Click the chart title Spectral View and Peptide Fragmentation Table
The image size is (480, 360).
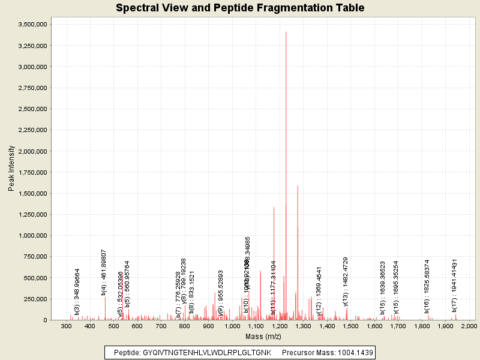240,8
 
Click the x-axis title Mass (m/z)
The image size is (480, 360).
265,337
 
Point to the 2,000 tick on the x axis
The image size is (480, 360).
468,326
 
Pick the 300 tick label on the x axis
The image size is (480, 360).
66,326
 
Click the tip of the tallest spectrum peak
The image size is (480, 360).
286,32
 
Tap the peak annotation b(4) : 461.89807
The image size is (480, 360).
104,272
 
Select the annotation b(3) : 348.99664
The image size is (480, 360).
77,292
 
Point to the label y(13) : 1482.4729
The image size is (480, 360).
345,281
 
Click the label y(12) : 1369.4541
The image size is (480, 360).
319,290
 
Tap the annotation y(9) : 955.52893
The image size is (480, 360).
221,293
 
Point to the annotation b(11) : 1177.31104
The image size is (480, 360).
274,287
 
